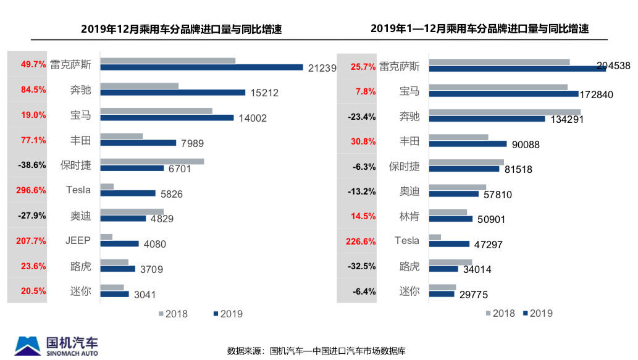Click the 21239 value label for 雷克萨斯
tap(322, 68)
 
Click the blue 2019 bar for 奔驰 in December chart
tap(172, 93)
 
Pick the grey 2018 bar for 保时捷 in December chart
tap(152, 162)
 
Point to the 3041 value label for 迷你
tap(145, 294)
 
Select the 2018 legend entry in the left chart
tap(173, 314)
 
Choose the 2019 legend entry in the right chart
tap(537, 313)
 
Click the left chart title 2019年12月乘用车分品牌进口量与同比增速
tap(181, 29)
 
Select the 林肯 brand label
tap(409, 216)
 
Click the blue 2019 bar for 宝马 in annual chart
tap(503, 94)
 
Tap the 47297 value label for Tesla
tap(487, 245)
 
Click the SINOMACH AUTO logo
tap(56, 346)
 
